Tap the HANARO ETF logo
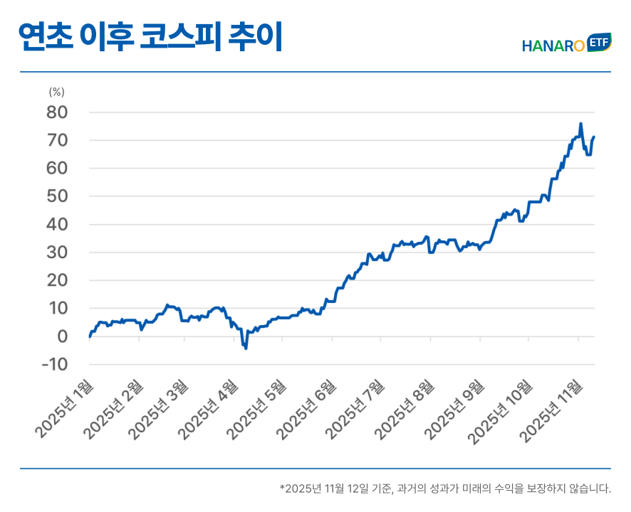click(x=566, y=44)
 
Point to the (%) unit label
click(x=57, y=92)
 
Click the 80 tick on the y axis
click(x=57, y=112)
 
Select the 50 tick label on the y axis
click(x=57, y=196)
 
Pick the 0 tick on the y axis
click(x=62, y=336)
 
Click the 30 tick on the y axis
click(x=57, y=252)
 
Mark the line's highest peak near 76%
click(x=580, y=124)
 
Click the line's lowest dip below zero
click(x=246, y=348)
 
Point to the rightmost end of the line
click(x=594, y=137)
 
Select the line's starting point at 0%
click(x=89, y=336)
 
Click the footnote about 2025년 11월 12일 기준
click(x=445, y=489)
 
